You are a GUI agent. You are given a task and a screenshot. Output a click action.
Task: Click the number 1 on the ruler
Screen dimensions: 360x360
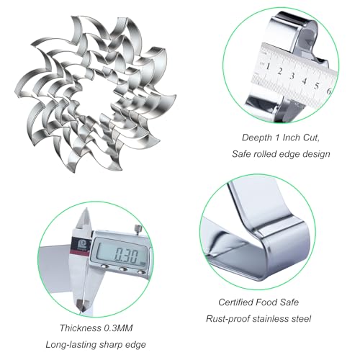tap(268, 66)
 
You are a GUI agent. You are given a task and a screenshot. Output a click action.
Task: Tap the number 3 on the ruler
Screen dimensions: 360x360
tap(292, 76)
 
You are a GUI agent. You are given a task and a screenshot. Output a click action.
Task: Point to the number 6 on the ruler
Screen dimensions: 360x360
tap(329, 91)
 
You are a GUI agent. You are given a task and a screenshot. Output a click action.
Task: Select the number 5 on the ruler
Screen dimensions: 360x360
tap(317, 86)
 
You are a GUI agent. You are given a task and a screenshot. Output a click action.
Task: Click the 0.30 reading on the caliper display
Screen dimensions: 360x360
tap(127, 256)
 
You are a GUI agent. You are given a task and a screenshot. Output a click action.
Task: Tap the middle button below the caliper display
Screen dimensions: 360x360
tap(123, 269)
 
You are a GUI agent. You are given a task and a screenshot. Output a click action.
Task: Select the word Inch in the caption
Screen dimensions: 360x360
tap(292, 138)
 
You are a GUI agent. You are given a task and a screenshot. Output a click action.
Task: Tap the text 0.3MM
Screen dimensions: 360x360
tap(118, 328)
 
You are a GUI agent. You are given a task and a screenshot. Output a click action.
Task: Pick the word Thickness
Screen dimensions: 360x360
tap(81, 328)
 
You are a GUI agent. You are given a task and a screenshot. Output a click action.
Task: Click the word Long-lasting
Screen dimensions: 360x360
tap(71, 345)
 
